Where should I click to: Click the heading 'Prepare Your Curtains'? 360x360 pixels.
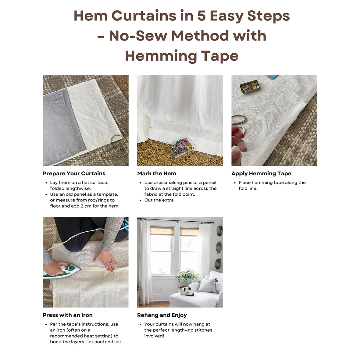point(74,173)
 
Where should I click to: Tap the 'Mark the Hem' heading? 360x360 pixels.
point(157,173)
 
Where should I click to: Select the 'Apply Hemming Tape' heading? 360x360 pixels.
point(261,173)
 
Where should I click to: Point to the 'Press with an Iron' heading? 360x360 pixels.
point(68,315)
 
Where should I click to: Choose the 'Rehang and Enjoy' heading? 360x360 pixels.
point(162,315)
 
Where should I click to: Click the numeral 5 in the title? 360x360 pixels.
point(201,16)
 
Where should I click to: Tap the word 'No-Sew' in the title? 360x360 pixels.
point(138,36)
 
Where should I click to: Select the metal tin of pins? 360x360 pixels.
point(250,87)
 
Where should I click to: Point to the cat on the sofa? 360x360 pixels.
point(186,291)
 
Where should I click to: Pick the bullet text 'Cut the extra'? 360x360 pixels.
point(159,200)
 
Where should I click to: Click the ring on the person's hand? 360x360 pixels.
point(111,262)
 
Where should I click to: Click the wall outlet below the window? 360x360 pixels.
point(160,289)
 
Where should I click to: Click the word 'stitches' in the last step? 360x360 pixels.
point(203,330)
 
